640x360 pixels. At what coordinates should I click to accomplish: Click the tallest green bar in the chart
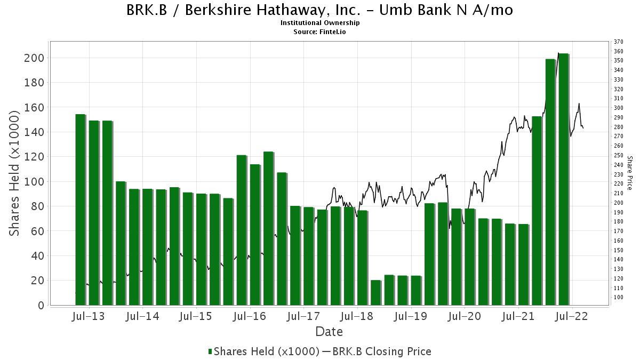pos(563,179)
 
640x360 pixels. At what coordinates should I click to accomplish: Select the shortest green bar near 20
pos(375,293)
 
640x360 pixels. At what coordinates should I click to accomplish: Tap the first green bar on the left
pos(81,210)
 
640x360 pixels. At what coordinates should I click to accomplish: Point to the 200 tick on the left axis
pos(34,58)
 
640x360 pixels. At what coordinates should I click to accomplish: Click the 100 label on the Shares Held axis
pos(34,182)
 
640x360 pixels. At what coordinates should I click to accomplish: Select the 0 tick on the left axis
pos(41,306)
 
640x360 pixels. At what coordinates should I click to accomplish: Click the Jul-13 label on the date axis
pos(89,316)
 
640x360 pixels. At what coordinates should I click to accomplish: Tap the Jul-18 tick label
pos(357,316)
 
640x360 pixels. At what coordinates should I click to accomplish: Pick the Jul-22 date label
pos(571,316)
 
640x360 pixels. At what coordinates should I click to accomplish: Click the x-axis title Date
pos(329,332)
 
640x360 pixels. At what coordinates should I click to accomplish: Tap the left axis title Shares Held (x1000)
pos(14,173)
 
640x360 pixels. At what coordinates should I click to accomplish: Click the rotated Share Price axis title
pos(629,173)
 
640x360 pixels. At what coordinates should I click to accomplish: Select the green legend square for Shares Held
pos(210,351)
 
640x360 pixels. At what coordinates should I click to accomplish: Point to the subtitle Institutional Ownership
pos(320,23)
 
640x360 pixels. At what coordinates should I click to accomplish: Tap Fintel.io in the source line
pos(333,31)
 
